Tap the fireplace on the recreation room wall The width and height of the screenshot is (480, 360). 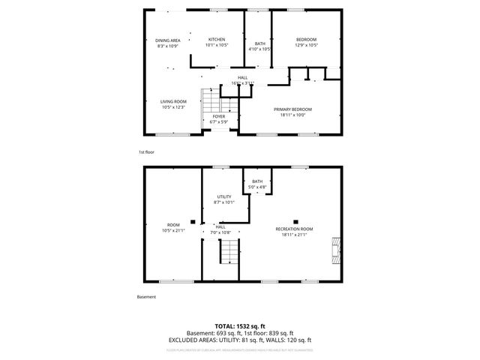pyautogui.click(x=335, y=251)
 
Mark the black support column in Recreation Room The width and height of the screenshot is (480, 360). pyautogui.click(x=296, y=212)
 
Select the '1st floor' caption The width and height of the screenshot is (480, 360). pyautogui.click(x=145, y=152)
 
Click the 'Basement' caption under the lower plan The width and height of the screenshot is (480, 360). pyautogui.click(x=146, y=297)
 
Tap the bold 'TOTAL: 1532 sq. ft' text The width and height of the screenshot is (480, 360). pyautogui.click(x=240, y=327)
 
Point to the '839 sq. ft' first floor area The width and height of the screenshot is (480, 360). pyautogui.click(x=280, y=333)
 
